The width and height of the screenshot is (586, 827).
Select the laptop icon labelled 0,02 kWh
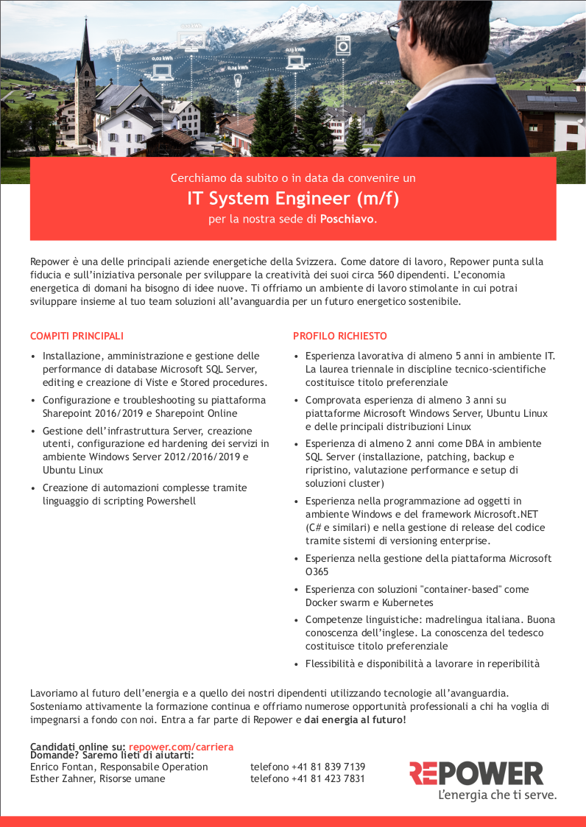pyautogui.click(x=161, y=71)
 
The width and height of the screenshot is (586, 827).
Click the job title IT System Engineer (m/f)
pyautogui.click(x=292, y=198)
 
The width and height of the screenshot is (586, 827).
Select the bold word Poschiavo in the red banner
pyautogui.click(x=347, y=219)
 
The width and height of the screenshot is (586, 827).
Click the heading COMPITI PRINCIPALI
pyautogui.click(x=77, y=337)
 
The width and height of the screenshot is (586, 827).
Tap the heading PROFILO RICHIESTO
pyautogui.click(x=339, y=337)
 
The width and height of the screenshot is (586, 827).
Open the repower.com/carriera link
pyautogui.click(x=181, y=747)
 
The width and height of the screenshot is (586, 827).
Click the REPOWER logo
pyautogui.click(x=476, y=774)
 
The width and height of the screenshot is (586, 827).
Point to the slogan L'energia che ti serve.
pyautogui.click(x=497, y=795)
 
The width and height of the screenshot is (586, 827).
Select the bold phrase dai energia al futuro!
pyautogui.click(x=355, y=719)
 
